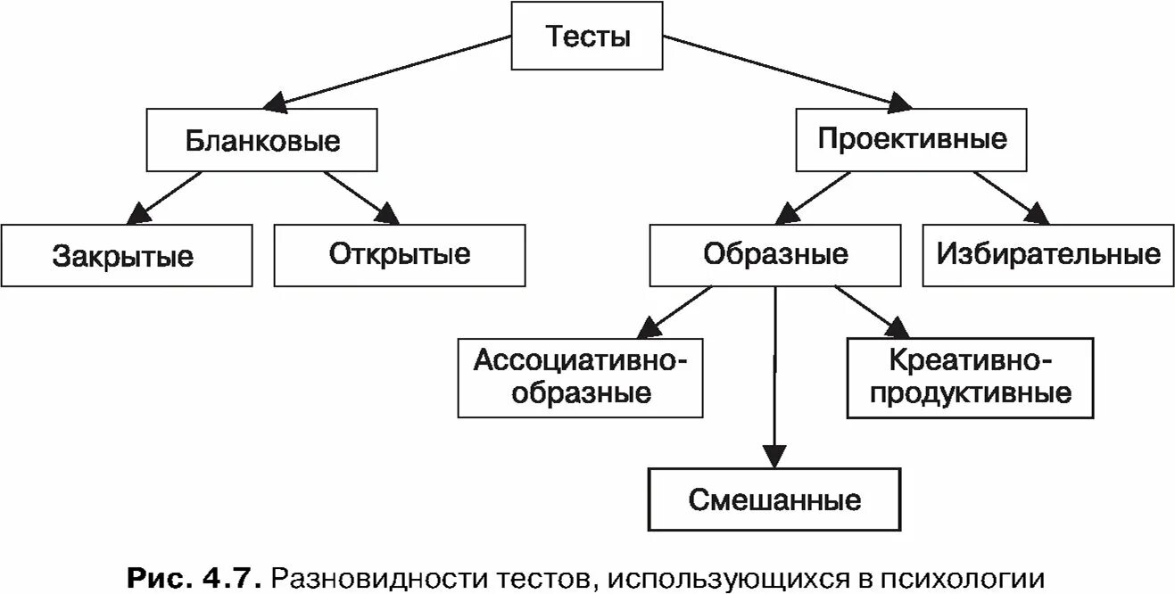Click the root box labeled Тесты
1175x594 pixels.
(587, 37)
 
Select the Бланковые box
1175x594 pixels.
(262, 141)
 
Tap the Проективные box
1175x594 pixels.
(911, 139)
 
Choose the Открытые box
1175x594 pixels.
(399, 255)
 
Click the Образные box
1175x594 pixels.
(774, 255)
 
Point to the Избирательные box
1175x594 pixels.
(1048, 255)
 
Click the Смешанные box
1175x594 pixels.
(774, 499)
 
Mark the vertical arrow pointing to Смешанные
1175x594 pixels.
(774, 375)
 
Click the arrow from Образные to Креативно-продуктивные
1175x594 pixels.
(865, 309)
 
